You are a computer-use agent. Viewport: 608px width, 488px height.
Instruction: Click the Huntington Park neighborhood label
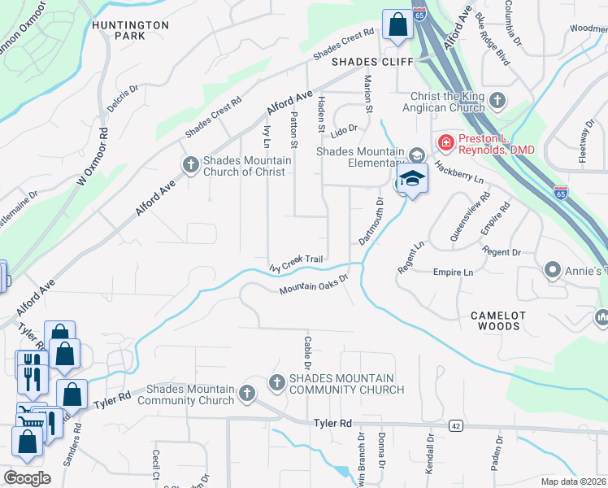[130, 30]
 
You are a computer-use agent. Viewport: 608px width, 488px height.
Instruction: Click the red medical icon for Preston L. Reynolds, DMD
[445, 143]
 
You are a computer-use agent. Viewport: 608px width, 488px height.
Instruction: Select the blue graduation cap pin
[412, 180]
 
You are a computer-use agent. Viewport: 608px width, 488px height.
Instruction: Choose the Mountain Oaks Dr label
[313, 285]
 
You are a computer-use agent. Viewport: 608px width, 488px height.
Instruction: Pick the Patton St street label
[294, 130]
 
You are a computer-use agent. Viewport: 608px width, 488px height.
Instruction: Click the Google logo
[27, 477]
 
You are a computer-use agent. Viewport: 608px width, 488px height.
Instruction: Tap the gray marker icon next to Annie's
[553, 269]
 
